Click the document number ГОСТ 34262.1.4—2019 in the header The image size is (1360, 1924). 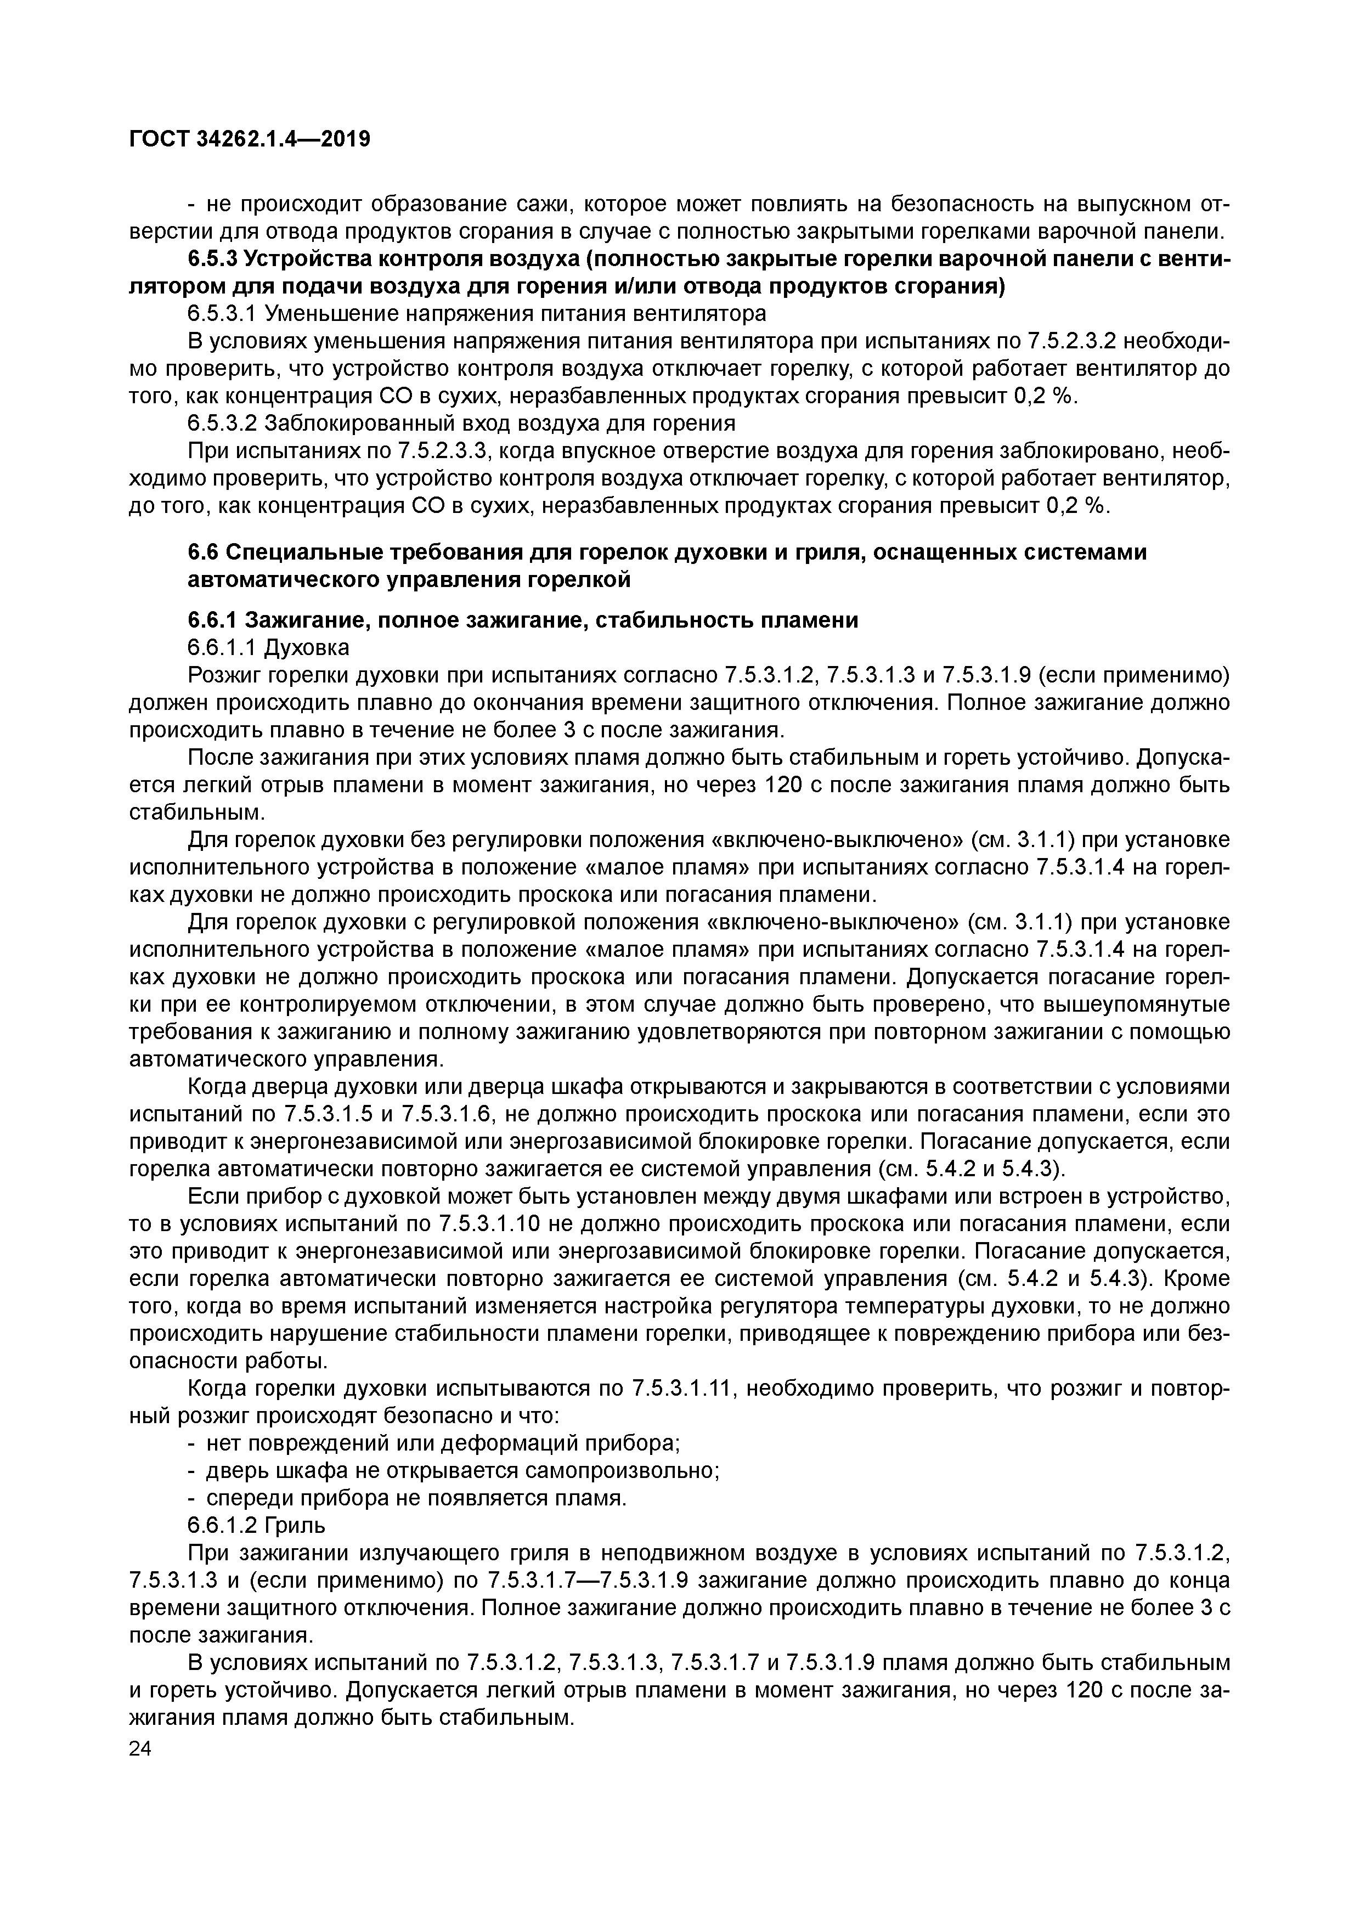tap(249, 139)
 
